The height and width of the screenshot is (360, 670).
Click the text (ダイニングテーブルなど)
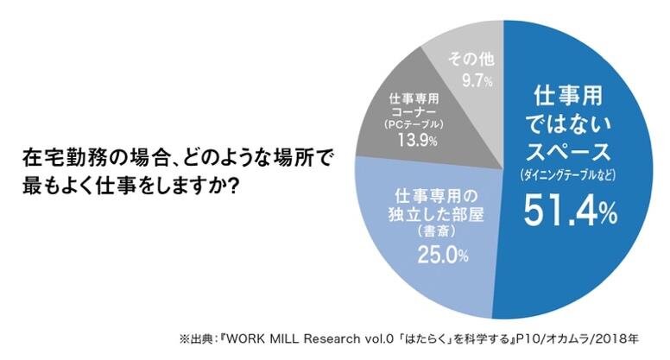coord(577,176)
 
